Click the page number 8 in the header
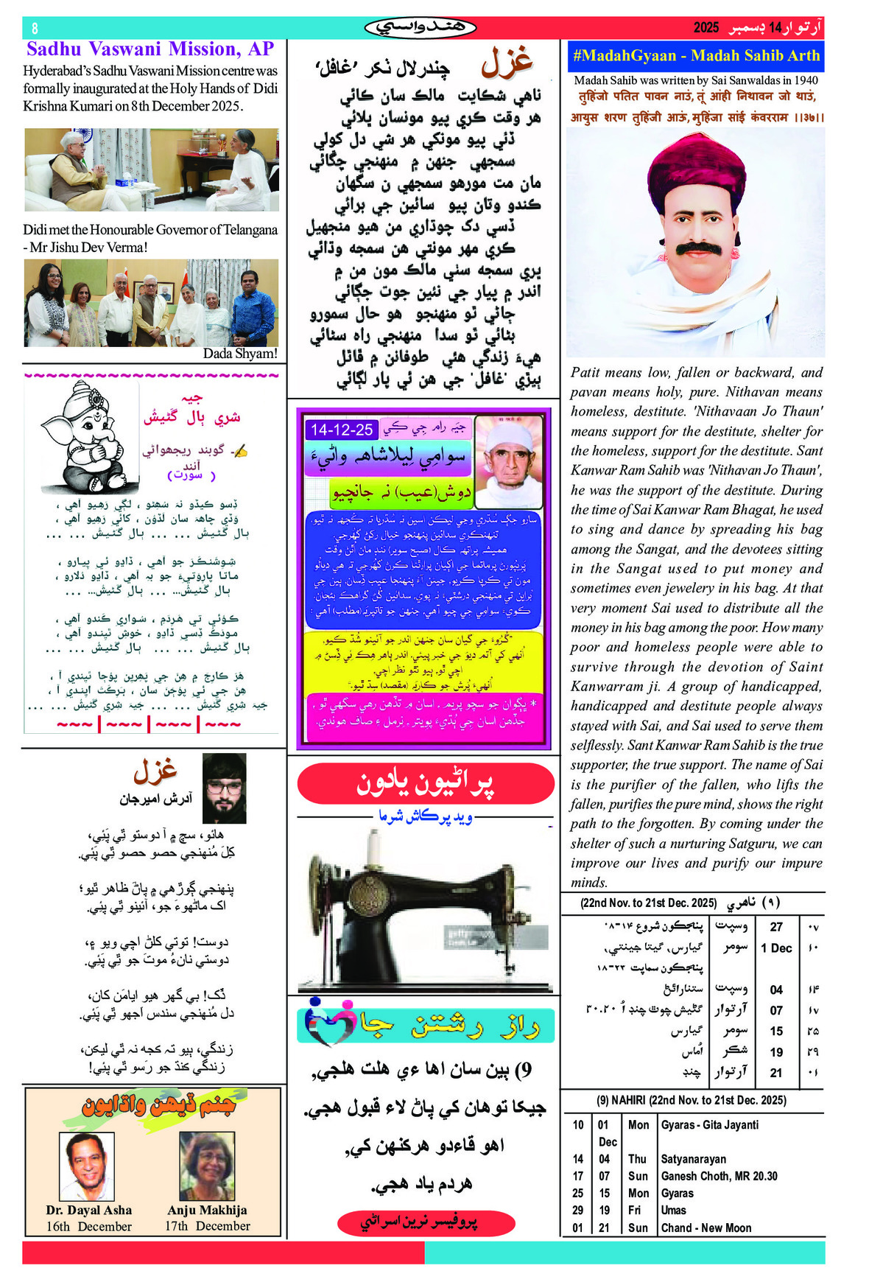[x=35, y=29]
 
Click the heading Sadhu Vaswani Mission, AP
[x=150, y=49]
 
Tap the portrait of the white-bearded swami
[x=509, y=461]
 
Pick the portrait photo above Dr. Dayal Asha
[x=87, y=1166]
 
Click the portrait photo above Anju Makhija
[x=207, y=1166]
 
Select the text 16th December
[x=88, y=1227]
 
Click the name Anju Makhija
[x=207, y=1210]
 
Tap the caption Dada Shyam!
[x=240, y=354]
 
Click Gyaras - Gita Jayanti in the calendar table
[x=709, y=1125]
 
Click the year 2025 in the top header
[x=706, y=28]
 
